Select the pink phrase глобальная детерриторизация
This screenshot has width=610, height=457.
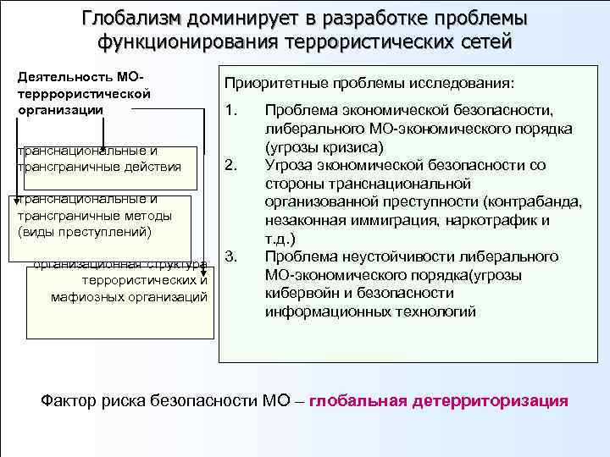click(439, 400)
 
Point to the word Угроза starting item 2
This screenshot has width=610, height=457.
click(288, 164)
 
